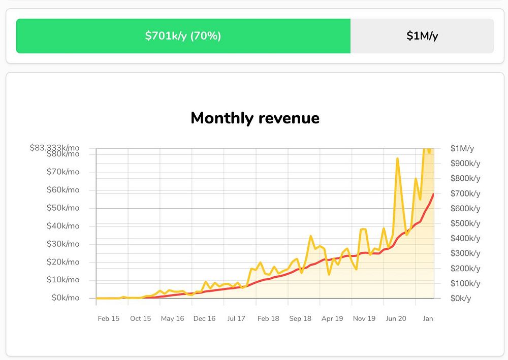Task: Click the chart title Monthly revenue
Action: (x=255, y=118)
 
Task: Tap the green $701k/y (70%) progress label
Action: (x=183, y=36)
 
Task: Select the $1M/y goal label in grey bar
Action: (x=422, y=36)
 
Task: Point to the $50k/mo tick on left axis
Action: (x=63, y=208)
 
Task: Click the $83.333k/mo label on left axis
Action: (x=54, y=148)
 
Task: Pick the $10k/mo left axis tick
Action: (x=63, y=280)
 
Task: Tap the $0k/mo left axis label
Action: (x=66, y=298)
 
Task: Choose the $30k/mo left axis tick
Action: (x=63, y=244)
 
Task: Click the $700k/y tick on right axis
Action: (x=465, y=193)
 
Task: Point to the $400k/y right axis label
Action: (x=465, y=238)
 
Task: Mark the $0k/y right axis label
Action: (x=461, y=298)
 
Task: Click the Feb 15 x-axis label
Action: (x=109, y=318)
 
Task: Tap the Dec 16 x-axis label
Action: (x=204, y=318)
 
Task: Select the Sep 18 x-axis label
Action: (x=300, y=318)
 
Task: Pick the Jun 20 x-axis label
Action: (x=396, y=318)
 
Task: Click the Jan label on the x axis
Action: (x=428, y=318)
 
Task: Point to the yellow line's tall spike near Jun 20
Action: (x=397, y=159)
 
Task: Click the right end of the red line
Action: (x=433, y=194)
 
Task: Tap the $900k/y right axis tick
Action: (x=465, y=163)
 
